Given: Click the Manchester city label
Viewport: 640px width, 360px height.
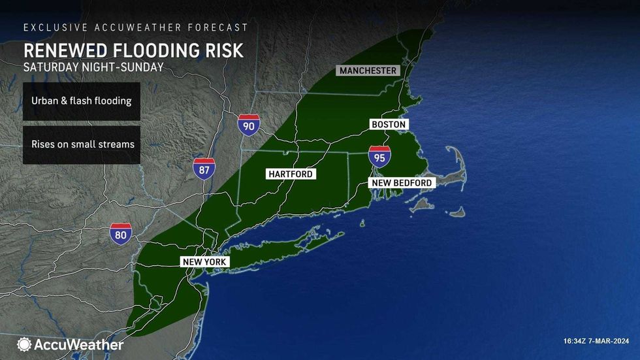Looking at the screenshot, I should pos(368,71).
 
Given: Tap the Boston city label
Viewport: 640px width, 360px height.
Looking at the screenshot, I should pos(388,124).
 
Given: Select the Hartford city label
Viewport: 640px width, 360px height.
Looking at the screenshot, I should pos(290,174).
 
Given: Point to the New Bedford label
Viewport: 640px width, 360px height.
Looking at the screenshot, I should pos(402,183).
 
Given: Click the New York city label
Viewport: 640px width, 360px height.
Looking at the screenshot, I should pos(204,262).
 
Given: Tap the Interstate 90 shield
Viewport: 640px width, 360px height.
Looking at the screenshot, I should pos(248,123).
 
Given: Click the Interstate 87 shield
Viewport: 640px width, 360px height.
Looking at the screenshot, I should pos(204,169).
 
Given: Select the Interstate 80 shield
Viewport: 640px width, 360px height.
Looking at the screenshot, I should pos(121,234).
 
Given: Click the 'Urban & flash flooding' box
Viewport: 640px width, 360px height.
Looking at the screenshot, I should pos(82,101).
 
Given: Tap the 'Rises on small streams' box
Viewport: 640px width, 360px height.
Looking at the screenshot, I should pos(82,144).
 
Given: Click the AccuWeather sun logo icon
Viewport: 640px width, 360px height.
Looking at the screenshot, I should pos(24,344).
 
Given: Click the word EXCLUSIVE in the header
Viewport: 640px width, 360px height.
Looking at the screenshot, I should pos(50,27).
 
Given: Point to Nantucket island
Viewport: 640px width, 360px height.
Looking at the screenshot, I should pos(456,212).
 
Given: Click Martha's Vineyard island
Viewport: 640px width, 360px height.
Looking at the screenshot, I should pos(423,204).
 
